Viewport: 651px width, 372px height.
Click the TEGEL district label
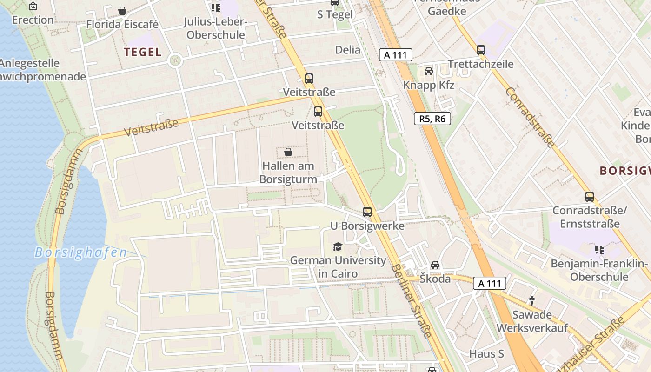click(143, 52)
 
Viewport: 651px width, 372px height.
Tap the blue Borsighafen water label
click(80, 252)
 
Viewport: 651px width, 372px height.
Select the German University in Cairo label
click(338, 267)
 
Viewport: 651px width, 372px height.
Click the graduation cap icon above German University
click(338, 246)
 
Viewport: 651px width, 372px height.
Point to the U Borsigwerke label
click(367, 226)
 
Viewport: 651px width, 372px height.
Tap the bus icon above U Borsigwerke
click(367, 212)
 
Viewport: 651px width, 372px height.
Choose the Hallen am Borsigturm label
click(288, 173)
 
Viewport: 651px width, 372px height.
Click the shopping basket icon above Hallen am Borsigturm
click(288, 152)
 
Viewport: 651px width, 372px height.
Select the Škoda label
click(435, 279)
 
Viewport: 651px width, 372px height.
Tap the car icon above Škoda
click(435, 265)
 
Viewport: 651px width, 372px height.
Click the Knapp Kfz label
click(428, 85)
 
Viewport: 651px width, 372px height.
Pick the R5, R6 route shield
click(432, 119)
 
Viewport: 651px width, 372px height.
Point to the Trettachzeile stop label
click(480, 64)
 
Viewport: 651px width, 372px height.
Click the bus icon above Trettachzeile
click(481, 50)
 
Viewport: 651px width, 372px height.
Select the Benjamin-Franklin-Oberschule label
click(599, 270)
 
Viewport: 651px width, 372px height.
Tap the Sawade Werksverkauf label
click(532, 321)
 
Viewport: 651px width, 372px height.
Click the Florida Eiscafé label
click(122, 24)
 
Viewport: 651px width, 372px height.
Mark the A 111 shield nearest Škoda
click(490, 283)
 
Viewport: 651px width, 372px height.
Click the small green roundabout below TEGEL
click(175, 60)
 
